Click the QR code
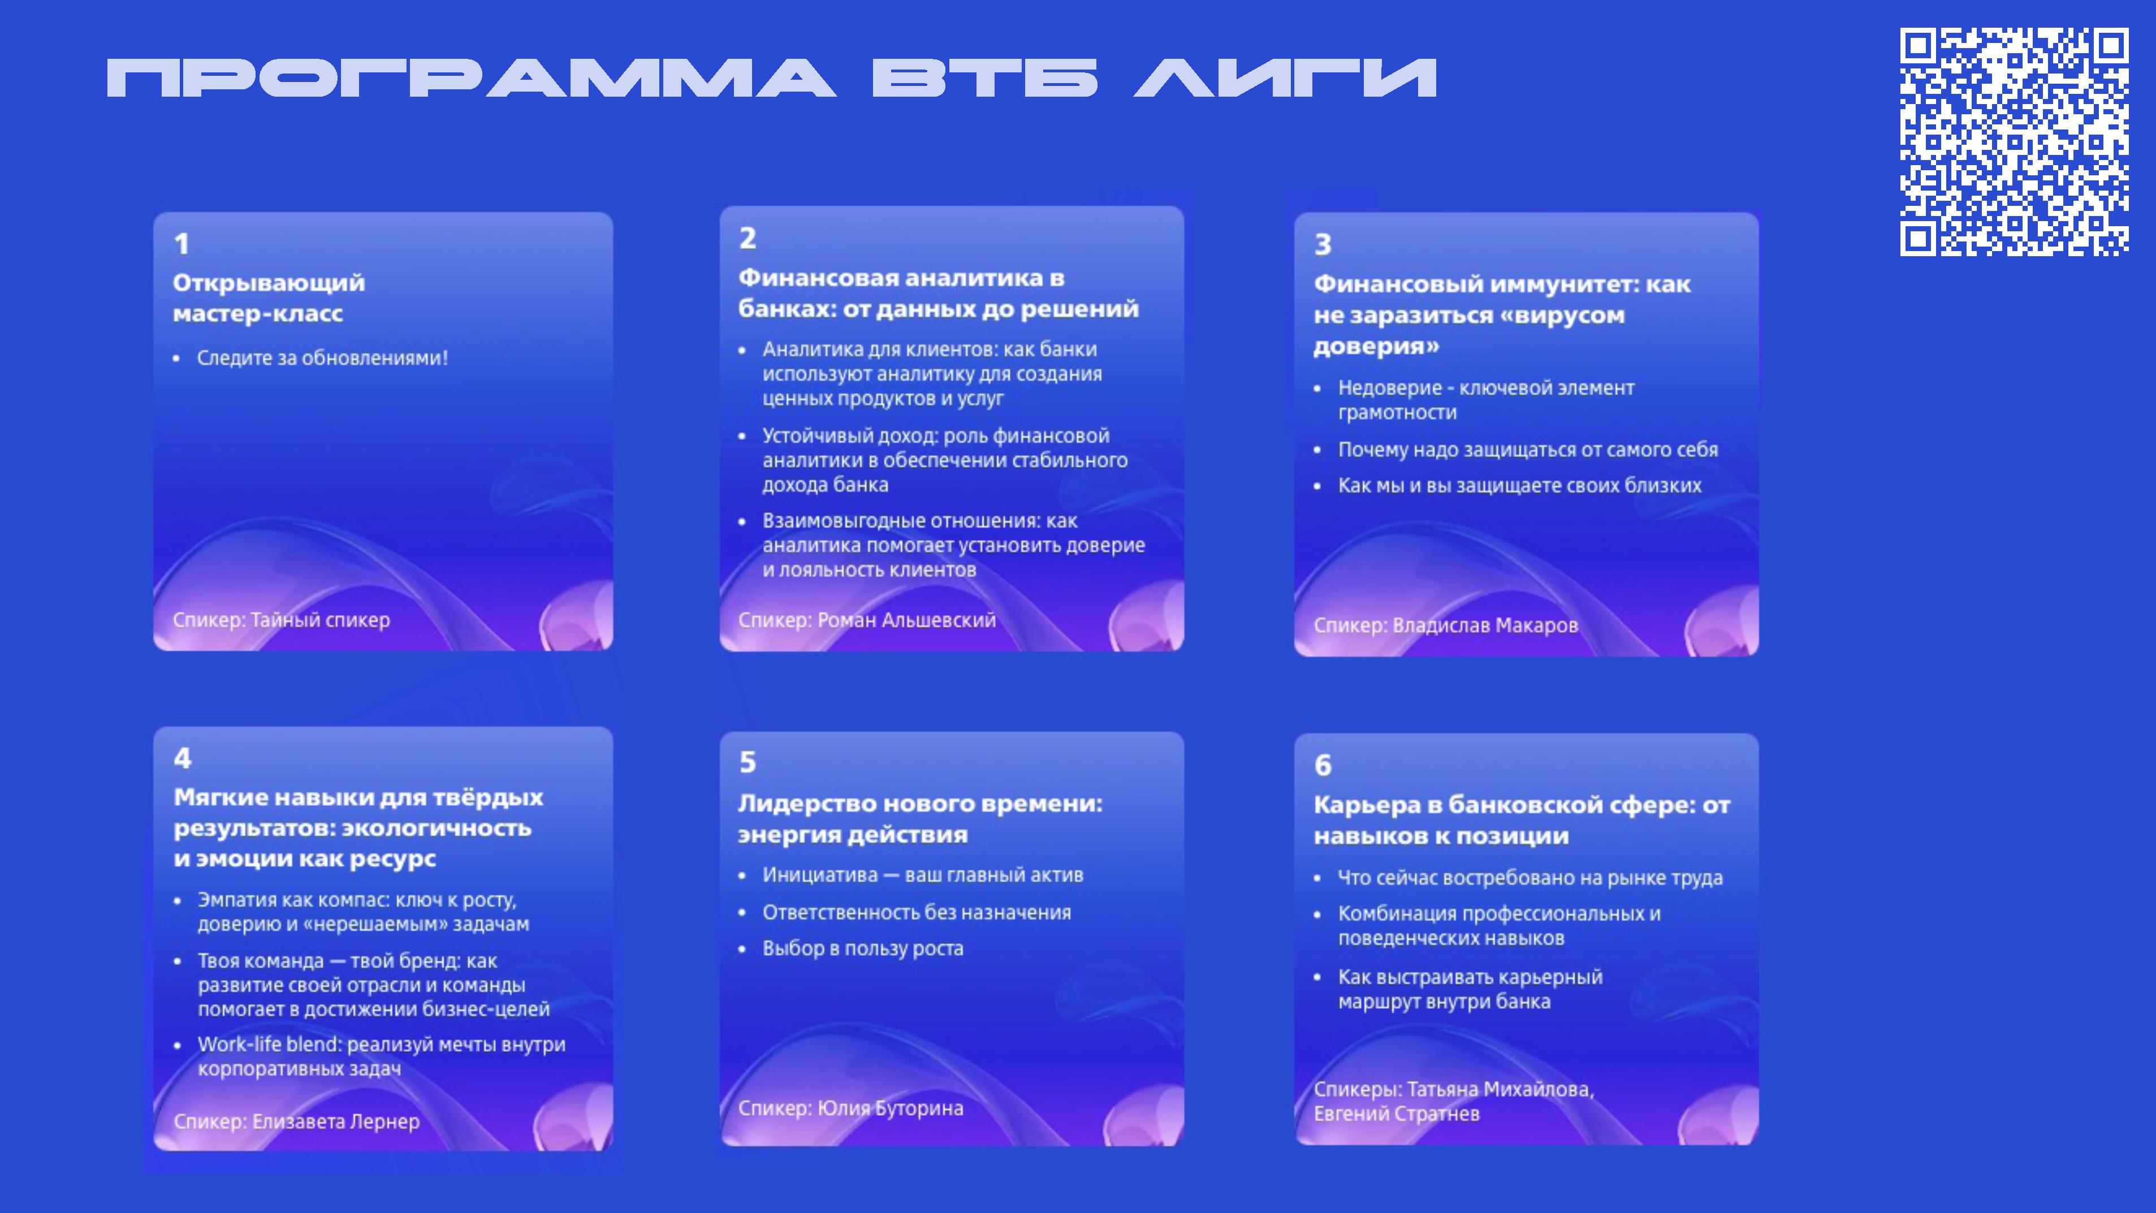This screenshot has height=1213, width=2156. pyautogui.click(x=2015, y=141)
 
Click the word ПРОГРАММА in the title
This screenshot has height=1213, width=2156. pyautogui.click(x=471, y=78)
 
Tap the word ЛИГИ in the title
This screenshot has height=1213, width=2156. pyautogui.click(x=1286, y=78)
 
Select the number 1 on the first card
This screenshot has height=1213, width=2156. pyautogui.click(x=182, y=244)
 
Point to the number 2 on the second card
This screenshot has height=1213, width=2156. pyautogui.click(x=748, y=239)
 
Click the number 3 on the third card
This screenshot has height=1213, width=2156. pyautogui.click(x=1323, y=244)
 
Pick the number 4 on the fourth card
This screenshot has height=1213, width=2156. pyautogui.click(x=183, y=758)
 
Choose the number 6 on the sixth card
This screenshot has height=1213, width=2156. pyautogui.click(x=1323, y=765)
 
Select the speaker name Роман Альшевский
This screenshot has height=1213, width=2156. pyautogui.click(x=906, y=620)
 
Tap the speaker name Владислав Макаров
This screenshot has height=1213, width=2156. pyautogui.click(x=1485, y=625)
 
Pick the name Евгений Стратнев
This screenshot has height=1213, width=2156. pyautogui.click(x=1396, y=1114)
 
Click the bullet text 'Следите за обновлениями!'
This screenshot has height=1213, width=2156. pyautogui.click(x=322, y=359)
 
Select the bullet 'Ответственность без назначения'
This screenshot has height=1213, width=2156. pyautogui.click(x=917, y=913)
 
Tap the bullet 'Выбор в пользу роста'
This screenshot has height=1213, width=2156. pyautogui.click(x=863, y=948)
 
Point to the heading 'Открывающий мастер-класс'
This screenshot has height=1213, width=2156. pyautogui.click(x=269, y=298)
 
